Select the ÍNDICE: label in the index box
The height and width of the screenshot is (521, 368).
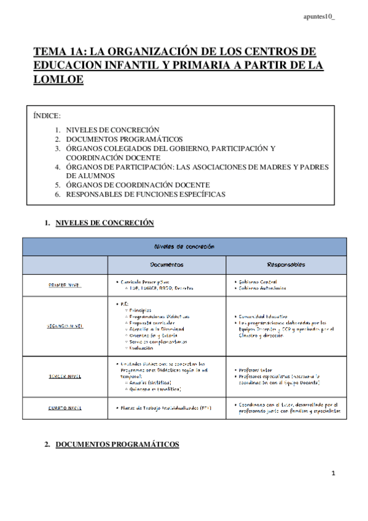[x=47, y=115]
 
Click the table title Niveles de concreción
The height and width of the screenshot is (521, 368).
[x=184, y=246]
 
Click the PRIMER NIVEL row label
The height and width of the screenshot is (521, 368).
[x=65, y=285]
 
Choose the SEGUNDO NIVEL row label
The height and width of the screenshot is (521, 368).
[x=65, y=326]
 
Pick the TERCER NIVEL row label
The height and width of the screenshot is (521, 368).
[x=65, y=375]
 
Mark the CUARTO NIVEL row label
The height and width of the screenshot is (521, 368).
[x=65, y=407]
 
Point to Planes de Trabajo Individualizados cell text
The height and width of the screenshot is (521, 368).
[x=163, y=407]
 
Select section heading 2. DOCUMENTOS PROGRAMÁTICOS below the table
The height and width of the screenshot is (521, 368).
[x=117, y=444]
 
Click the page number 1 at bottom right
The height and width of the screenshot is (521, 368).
[x=332, y=474]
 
